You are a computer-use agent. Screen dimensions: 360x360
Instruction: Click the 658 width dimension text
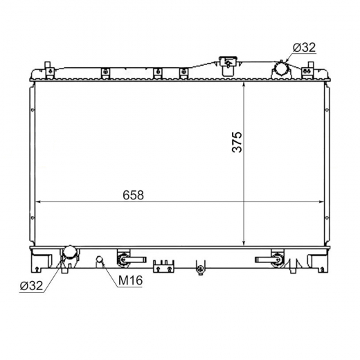(x=133, y=195)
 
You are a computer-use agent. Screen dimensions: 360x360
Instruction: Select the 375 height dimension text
(x=237, y=142)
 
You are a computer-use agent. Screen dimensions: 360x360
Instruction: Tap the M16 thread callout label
(x=130, y=280)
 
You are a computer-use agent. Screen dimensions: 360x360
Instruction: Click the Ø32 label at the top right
(x=304, y=48)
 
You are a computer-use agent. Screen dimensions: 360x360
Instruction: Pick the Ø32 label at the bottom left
(x=31, y=286)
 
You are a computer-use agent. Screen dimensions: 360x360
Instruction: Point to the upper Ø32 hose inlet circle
(x=281, y=69)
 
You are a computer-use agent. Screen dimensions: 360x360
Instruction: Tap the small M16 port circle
(x=100, y=259)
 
